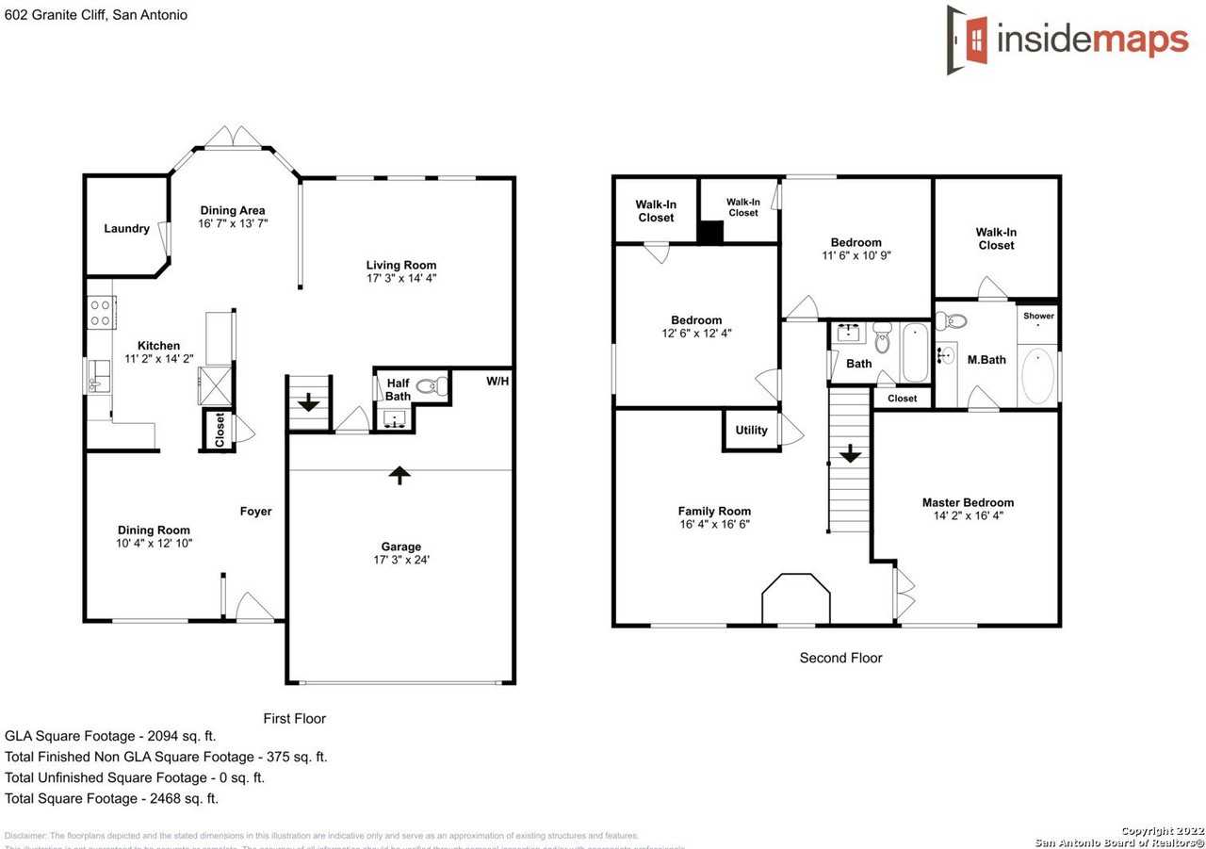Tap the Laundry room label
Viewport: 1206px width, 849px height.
[126, 229]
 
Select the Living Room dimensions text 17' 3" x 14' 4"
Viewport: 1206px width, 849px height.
[401, 279]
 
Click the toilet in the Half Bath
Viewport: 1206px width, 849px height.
[432, 384]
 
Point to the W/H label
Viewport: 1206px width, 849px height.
[497, 382]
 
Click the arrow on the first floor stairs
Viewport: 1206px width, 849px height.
[309, 403]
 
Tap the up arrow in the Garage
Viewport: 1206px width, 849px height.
[400, 475]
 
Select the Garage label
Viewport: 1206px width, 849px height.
[400, 547]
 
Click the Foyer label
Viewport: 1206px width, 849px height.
[255, 512]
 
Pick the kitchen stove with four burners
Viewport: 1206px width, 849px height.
[101, 313]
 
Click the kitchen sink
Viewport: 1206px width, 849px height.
[99, 376]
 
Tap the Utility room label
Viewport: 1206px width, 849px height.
[751, 431]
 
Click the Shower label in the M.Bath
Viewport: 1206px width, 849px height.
[1038, 317]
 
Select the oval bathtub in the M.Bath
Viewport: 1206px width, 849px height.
[1037, 376]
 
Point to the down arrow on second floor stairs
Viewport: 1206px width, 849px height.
[851, 454]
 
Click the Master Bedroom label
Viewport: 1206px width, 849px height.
[968, 503]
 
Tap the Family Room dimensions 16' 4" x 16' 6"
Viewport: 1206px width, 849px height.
[714, 525]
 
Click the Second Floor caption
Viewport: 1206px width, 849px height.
[840, 659]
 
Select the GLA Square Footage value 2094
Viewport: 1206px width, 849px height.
[163, 736]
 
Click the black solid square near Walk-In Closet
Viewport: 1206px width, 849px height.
[709, 232]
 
